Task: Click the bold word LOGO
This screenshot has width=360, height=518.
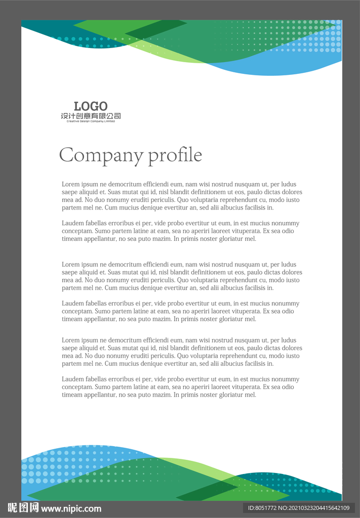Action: tap(91, 106)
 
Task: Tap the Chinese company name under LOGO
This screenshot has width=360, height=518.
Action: tap(91, 116)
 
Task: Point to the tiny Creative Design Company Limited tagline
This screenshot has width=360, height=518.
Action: tap(91, 121)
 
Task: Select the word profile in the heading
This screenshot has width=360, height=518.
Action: tap(175, 155)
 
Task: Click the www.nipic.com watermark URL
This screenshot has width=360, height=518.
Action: tap(71, 508)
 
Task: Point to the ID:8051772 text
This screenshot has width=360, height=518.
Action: tap(261, 508)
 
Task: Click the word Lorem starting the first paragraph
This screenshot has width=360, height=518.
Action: tap(70, 185)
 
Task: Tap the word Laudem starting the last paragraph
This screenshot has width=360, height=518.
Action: tap(72, 379)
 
